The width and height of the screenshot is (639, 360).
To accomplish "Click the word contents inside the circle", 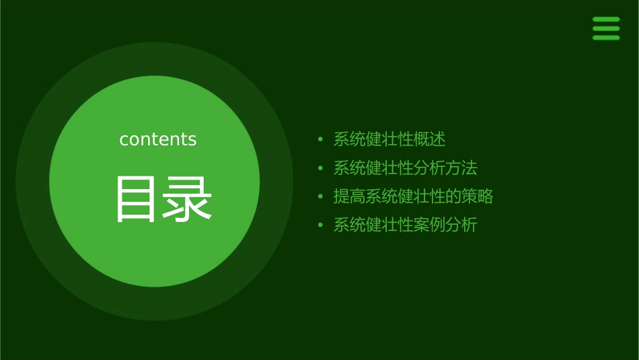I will (x=158, y=139).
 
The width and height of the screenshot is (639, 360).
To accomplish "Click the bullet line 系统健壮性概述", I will (x=389, y=139).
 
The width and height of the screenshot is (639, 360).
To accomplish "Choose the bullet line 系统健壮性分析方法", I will (x=405, y=168).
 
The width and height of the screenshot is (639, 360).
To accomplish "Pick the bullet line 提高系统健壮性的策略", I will (x=413, y=196).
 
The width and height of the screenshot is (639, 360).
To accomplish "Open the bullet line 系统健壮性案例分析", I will (x=405, y=225).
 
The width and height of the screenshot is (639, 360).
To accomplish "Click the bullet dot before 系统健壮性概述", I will (x=320, y=140).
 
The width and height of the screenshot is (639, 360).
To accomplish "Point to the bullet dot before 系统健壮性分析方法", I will (x=320, y=168).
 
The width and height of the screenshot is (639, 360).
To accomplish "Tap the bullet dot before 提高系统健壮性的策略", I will (x=320, y=197).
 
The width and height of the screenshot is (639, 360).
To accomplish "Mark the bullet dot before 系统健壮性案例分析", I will (x=320, y=225).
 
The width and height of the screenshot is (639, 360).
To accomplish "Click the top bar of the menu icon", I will (x=606, y=20).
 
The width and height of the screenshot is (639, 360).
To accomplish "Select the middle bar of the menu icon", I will (x=606, y=29).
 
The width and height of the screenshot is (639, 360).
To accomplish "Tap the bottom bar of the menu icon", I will (x=606, y=38).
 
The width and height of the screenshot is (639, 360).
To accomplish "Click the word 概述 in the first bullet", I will (x=430, y=139).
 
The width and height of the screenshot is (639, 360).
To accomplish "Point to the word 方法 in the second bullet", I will (x=461, y=168).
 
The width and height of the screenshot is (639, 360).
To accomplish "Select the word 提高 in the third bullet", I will (x=350, y=196).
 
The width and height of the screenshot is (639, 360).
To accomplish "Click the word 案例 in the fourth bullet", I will (x=430, y=225).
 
